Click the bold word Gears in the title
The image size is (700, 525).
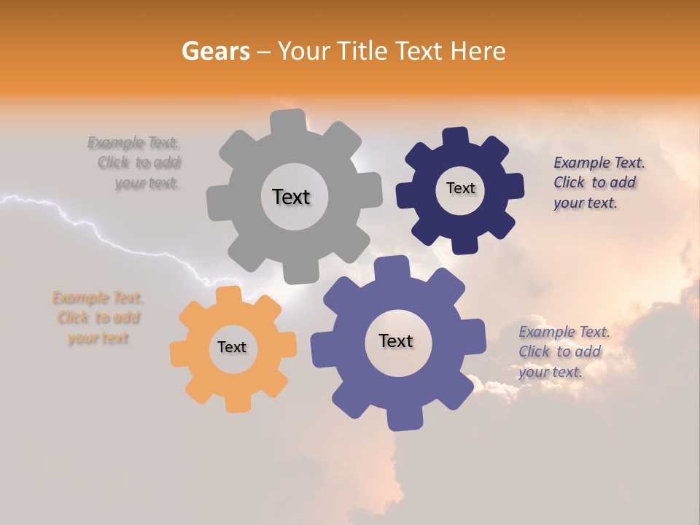[216, 51]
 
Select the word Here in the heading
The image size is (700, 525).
[478, 51]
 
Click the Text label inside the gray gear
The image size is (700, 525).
[291, 197]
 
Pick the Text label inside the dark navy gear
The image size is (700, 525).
[460, 188]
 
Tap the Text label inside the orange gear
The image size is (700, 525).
[232, 347]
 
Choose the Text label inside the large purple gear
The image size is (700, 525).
[396, 341]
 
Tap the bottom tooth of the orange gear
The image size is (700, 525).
[237, 402]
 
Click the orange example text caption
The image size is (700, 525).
[98, 318]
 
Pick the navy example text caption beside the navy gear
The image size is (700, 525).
[599, 182]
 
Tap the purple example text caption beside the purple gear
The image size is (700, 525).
[564, 351]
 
